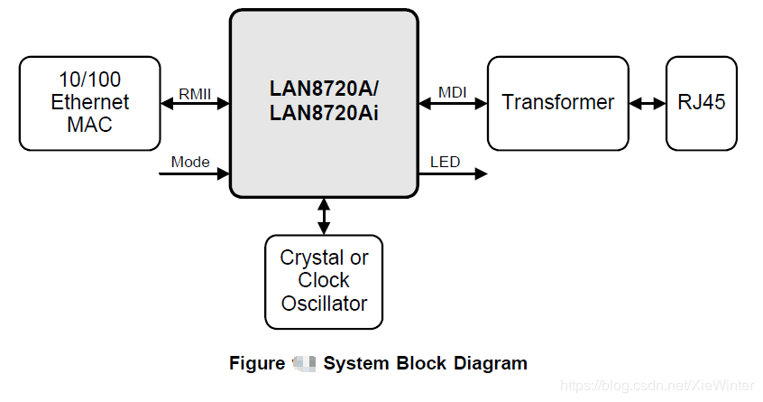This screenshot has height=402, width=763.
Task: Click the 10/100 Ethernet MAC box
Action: click(89, 102)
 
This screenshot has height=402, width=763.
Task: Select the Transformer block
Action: click(557, 102)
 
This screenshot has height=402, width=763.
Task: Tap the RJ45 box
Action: click(701, 102)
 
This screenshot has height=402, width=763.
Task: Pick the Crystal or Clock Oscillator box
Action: click(324, 281)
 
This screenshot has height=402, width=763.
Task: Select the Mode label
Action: click(190, 162)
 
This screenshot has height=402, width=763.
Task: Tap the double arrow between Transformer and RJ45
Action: click(648, 103)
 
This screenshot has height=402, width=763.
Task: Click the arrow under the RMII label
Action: click(195, 104)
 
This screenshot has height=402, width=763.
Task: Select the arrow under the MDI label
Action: click(453, 104)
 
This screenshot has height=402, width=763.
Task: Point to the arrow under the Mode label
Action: click(194, 173)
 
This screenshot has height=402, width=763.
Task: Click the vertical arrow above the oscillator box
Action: click(324, 216)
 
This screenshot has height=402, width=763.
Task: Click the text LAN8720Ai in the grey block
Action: click(324, 114)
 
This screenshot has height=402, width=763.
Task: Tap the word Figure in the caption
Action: click(256, 363)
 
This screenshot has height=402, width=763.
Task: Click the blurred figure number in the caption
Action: click(303, 363)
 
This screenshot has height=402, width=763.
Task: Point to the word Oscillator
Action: click(324, 304)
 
